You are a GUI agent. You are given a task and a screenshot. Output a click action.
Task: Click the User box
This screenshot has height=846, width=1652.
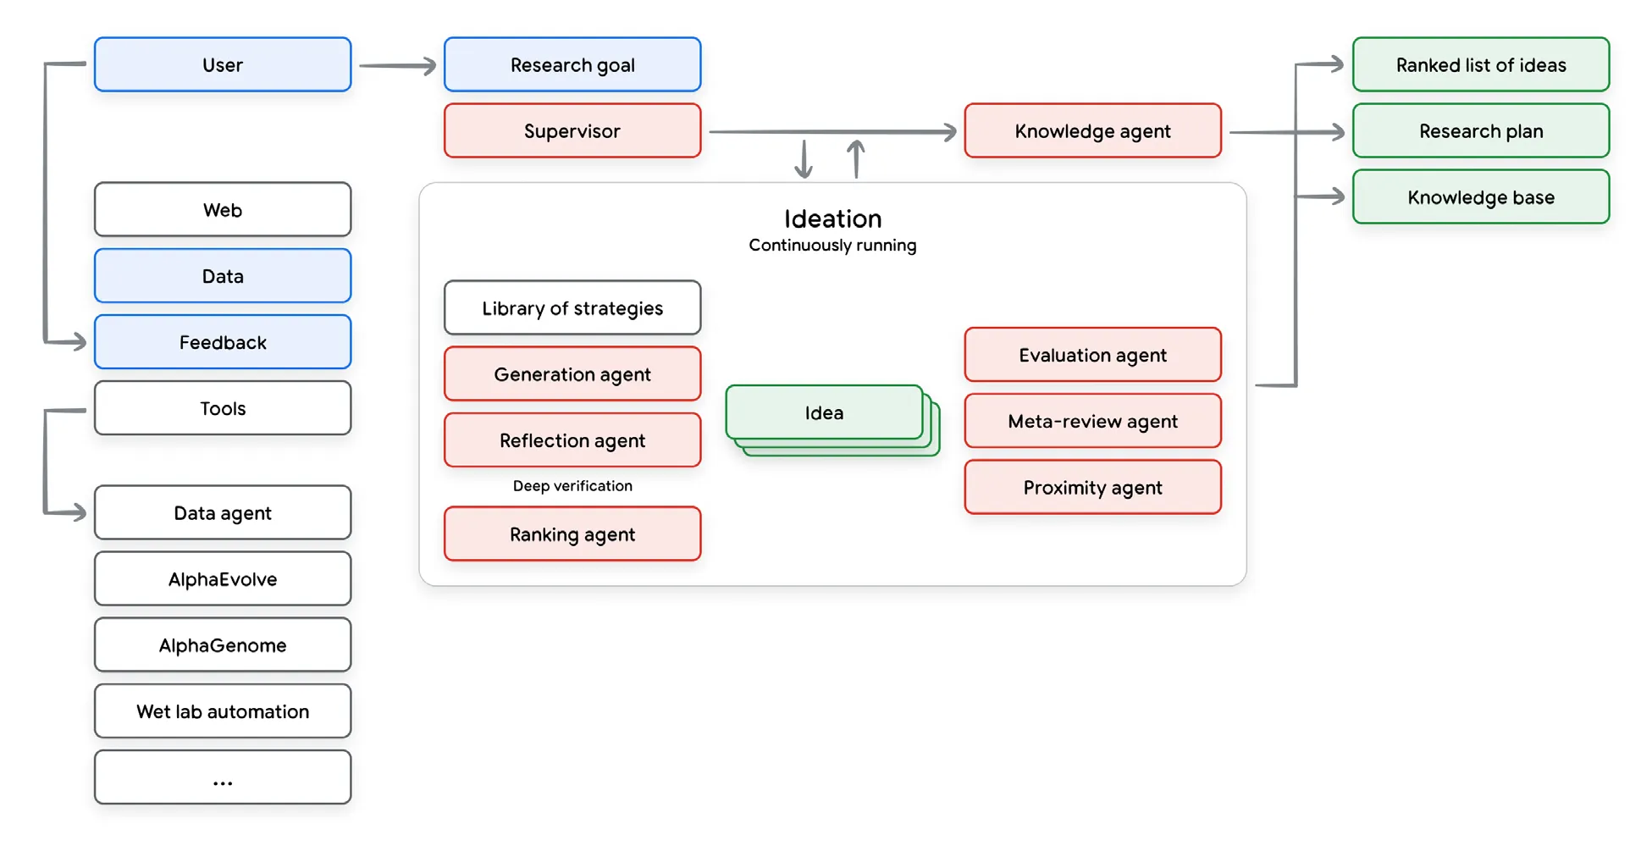[223, 64]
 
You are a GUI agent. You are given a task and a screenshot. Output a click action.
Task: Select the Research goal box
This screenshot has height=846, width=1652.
[572, 64]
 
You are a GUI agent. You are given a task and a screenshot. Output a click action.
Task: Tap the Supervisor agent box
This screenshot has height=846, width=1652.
[572, 130]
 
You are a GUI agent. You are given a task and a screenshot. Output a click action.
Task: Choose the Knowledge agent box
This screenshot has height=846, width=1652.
[1092, 130]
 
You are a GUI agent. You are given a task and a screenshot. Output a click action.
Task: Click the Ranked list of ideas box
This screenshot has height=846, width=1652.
[1480, 64]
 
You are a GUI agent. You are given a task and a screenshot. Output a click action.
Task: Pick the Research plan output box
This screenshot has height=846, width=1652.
[1480, 130]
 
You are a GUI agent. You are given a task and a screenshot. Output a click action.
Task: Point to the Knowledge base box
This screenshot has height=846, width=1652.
[1480, 196]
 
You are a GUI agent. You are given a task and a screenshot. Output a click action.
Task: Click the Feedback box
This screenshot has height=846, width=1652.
[223, 342]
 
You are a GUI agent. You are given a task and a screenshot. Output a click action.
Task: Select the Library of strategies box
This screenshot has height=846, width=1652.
[572, 307]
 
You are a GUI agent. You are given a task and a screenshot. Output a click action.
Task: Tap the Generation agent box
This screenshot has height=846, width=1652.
[572, 373]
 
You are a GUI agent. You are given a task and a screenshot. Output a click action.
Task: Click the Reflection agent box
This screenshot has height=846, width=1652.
[572, 440]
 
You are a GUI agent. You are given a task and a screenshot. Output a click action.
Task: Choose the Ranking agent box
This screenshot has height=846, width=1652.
[572, 534]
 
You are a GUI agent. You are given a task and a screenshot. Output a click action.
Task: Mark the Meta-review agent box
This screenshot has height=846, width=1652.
[1092, 421]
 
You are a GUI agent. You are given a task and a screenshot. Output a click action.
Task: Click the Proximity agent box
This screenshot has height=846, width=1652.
[1092, 487]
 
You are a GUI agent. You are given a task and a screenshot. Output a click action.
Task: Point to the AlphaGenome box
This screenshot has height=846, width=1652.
[223, 644]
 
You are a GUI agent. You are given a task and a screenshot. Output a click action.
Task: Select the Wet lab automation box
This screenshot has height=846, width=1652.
[223, 711]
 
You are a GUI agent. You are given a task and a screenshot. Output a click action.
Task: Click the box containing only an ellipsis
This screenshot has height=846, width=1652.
[223, 777]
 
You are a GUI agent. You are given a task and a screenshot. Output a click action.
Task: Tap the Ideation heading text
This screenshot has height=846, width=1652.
[832, 218]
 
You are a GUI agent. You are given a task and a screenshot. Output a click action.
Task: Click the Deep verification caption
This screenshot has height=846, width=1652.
[572, 485]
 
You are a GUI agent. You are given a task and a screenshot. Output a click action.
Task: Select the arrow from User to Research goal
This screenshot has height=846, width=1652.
[397, 65]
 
